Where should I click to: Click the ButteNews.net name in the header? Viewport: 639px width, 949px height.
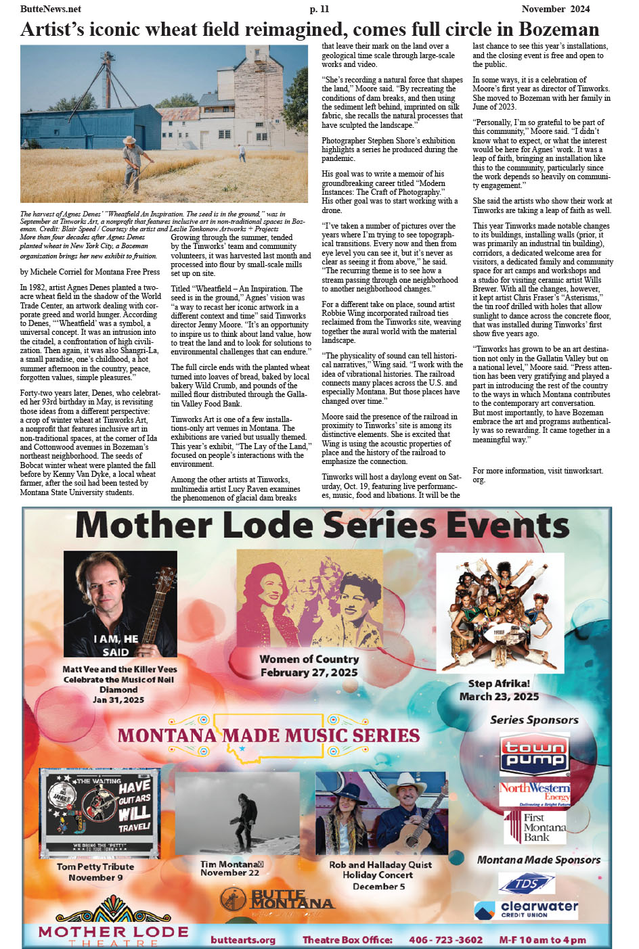tap(51, 9)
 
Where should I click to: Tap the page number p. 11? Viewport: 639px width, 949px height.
tap(319, 9)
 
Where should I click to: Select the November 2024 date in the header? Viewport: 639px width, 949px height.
tap(555, 9)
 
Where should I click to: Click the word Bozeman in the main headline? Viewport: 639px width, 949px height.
tap(558, 30)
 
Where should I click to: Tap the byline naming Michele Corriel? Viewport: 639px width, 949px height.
tap(90, 272)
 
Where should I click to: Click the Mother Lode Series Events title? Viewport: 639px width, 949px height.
tap(322, 526)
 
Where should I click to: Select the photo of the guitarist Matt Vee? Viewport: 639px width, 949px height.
tap(120, 604)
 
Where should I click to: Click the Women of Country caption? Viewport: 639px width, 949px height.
tap(309, 666)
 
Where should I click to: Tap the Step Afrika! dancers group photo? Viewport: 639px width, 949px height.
tap(500, 612)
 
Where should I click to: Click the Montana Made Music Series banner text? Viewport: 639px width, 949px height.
tap(269, 735)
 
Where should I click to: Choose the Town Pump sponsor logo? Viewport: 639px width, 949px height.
tap(533, 754)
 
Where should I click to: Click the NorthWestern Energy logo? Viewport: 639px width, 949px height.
tap(535, 793)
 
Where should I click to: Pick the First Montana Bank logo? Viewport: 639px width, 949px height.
tap(535, 827)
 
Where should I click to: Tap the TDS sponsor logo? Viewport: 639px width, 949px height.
tap(526, 883)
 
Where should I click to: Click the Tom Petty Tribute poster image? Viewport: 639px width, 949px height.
tap(100, 812)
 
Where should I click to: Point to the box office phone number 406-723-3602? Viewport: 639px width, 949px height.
tap(445, 940)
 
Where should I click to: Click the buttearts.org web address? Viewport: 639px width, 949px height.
tap(243, 940)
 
